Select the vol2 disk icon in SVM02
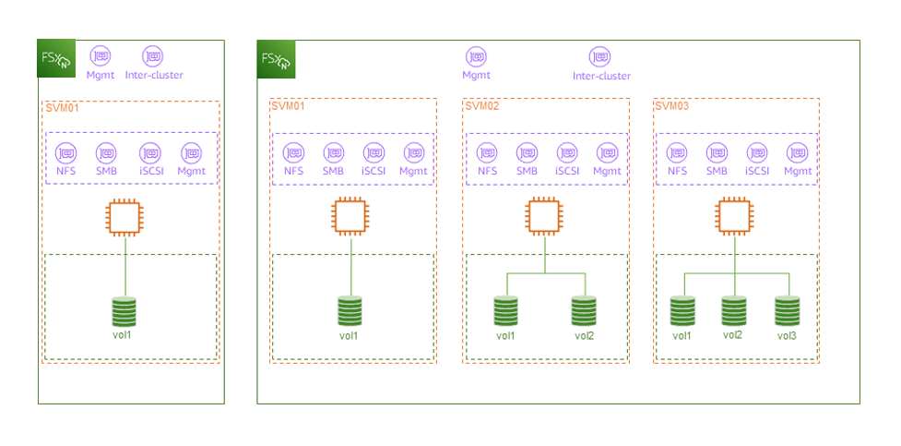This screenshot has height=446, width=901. pos(583,310)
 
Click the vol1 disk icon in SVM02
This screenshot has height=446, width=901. pos(505,310)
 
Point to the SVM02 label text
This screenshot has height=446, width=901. pos(482,106)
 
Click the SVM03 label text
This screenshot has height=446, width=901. pos(671,106)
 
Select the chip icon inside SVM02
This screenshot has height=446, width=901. pos(544,217)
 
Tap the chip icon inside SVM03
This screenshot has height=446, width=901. pos(733,217)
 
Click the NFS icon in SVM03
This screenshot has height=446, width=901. pos(678,152)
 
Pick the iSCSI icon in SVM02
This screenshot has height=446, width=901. pos(567,152)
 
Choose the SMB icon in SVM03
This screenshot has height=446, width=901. pos(717,152)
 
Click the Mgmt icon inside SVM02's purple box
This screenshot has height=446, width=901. pos(607,152)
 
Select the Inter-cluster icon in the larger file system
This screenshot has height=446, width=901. pos(601,57)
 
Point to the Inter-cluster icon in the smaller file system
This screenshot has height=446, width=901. pos(153,56)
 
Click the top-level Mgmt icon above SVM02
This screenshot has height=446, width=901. pos(476,57)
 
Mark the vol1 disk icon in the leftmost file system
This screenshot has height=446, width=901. pos(124,310)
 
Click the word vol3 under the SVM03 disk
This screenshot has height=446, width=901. pos(787,335)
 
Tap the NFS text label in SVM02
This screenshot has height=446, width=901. pos(487,171)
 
